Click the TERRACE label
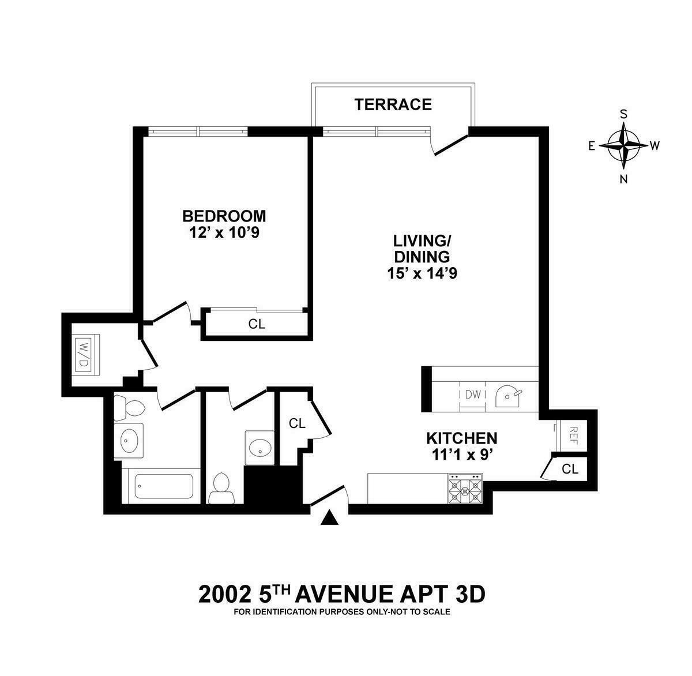393,104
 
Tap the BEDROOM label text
224,216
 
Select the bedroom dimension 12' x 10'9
224,232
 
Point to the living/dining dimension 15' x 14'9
422,273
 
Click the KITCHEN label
461,438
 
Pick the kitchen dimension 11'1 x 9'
461,455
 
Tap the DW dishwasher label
473,395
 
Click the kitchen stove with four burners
465,490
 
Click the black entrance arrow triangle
329,518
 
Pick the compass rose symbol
623,145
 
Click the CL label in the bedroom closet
257,324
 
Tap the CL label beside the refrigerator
570,469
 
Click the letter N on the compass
623,178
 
